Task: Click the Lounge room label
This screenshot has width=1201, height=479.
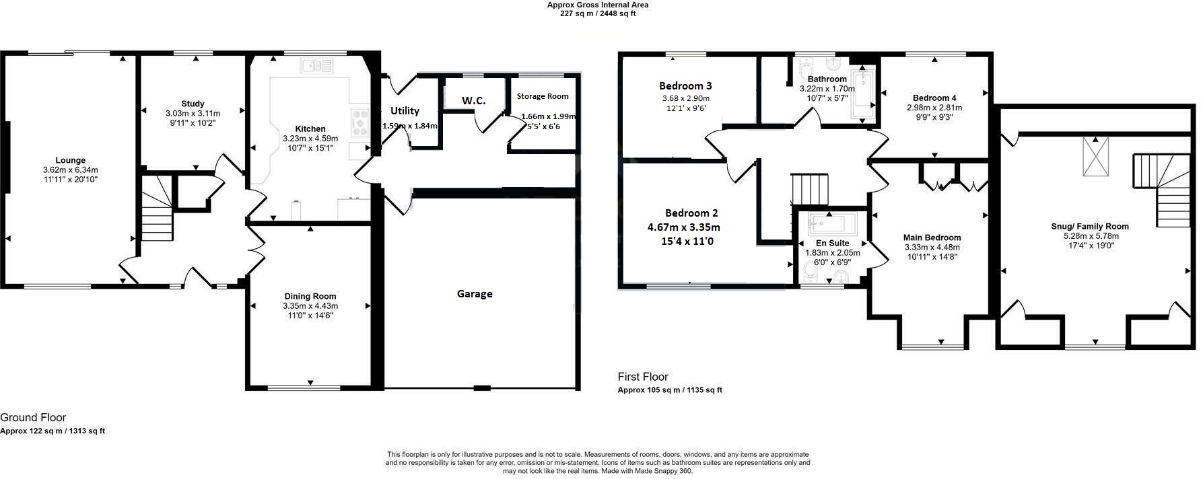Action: (x=70, y=160)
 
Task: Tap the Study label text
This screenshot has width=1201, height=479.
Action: (x=193, y=104)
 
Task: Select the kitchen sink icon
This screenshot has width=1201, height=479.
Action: (x=317, y=65)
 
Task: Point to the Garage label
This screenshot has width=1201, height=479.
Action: (x=475, y=294)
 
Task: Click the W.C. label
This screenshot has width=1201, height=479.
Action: (x=473, y=101)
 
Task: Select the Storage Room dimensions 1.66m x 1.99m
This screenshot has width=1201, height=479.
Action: (x=548, y=116)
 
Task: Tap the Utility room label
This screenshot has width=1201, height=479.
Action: (x=405, y=111)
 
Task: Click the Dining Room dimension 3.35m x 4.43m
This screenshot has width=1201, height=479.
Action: (x=310, y=306)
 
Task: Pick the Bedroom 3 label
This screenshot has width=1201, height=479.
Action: (x=685, y=86)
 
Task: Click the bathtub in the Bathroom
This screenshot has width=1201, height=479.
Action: (x=862, y=94)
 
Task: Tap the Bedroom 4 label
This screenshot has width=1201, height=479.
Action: (x=934, y=98)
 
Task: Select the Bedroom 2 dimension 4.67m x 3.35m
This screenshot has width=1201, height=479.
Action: (x=683, y=227)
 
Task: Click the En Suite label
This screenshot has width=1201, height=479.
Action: (x=832, y=243)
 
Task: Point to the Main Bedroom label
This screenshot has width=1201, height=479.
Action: (x=932, y=237)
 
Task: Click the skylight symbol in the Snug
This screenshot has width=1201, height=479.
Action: (x=1095, y=157)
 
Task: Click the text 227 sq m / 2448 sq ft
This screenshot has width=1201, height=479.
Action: (x=598, y=13)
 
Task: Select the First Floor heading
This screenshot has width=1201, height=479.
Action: (x=643, y=377)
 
